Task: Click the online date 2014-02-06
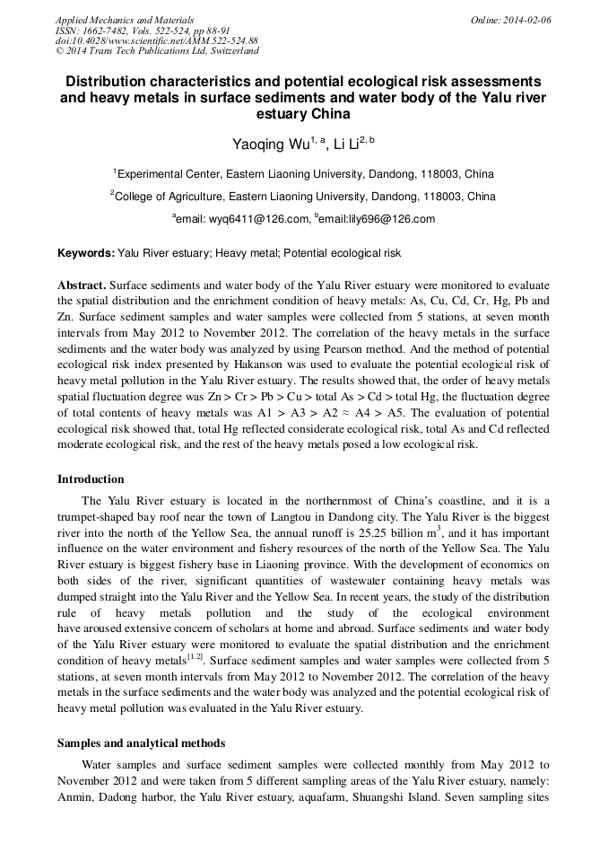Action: tap(526, 20)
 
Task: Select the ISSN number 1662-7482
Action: tap(106, 31)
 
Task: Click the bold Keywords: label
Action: tap(86, 253)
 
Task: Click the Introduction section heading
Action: tap(91, 479)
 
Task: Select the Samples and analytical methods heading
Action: tap(141, 743)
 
